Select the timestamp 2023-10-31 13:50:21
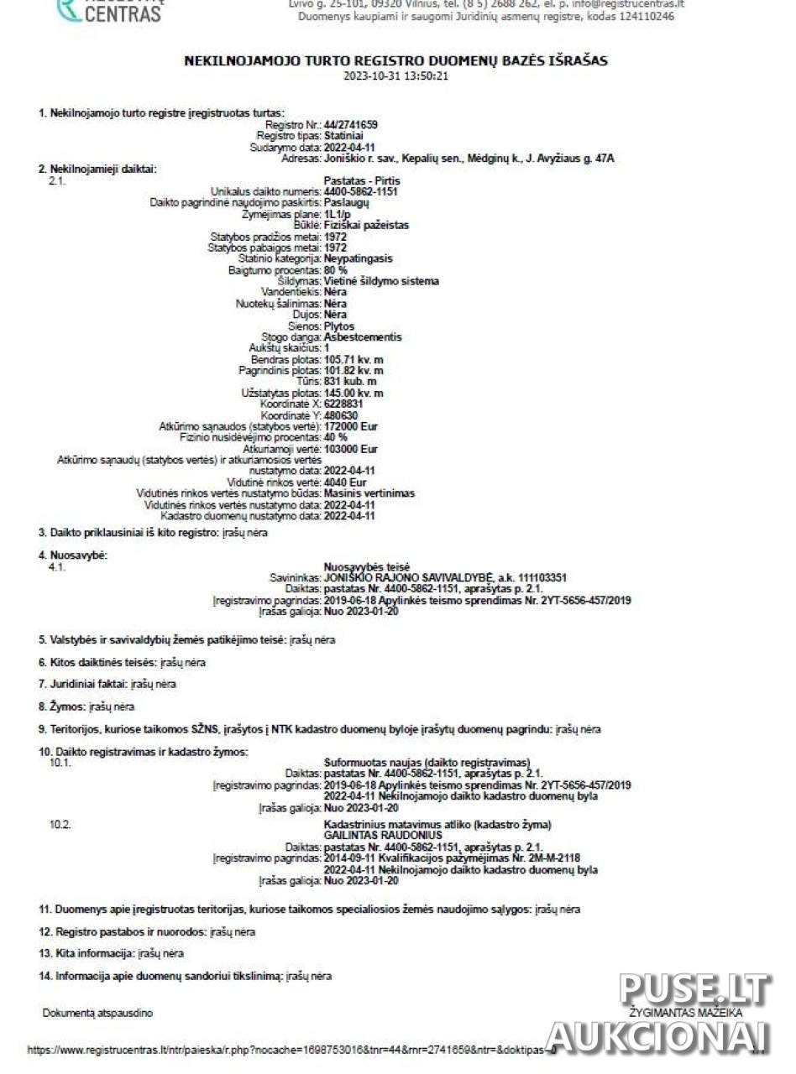pyautogui.click(x=396, y=76)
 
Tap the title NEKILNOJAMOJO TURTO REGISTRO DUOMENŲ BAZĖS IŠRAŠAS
pyautogui.click(x=396, y=61)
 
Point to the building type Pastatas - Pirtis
pyautogui.click(x=362, y=180)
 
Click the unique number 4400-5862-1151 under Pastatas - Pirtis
pyautogui.click(x=360, y=191)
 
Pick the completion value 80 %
pyautogui.click(x=335, y=270)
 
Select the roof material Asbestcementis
pyautogui.click(x=363, y=337)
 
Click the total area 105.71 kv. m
pyautogui.click(x=353, y=360)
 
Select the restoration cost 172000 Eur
pyautogui.click(x=350, y=427)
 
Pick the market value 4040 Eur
pyautogui.click(x=344, y=482)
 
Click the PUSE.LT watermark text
pyautogui.click(x=694, y=990)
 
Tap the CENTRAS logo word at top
pyautogui.click(x=122, y=13)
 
